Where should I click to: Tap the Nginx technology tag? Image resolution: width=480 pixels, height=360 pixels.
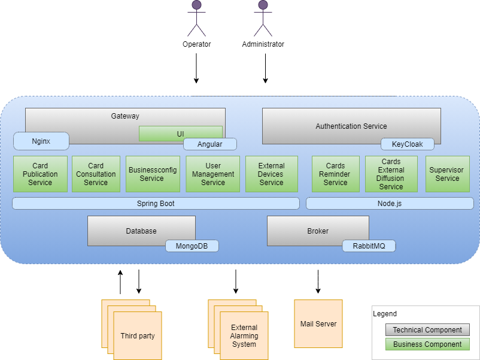[41, 141]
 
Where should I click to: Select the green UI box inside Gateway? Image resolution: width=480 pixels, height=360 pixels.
[180, 133]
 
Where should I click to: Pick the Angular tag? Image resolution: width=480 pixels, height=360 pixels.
[209, 144]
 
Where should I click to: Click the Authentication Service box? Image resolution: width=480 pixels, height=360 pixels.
[351, 126]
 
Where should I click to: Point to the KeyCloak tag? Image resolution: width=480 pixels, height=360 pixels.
[407, 144]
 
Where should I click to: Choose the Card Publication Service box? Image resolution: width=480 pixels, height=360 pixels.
[40, 174]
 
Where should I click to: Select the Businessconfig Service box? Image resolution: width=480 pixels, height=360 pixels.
[152, 174]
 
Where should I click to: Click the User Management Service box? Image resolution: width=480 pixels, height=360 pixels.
[212, 174]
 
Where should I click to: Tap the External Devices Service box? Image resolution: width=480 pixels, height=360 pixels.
[271, 174]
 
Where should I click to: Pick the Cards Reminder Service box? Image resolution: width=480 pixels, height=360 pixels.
[335, 174]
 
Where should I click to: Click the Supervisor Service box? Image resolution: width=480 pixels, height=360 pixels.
[447, 174]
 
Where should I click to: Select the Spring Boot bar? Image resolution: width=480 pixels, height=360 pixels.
[156, 204]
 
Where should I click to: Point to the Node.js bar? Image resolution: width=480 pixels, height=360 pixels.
[389, 204]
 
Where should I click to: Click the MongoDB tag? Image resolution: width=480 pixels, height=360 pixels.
[192, 246]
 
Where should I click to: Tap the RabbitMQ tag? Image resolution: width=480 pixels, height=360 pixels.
[369, 246]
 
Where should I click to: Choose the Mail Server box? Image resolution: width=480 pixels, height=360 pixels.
[318, 324]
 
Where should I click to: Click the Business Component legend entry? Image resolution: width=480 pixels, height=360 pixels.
[427, 344]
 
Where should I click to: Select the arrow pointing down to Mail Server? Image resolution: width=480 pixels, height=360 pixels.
[318, 282]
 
